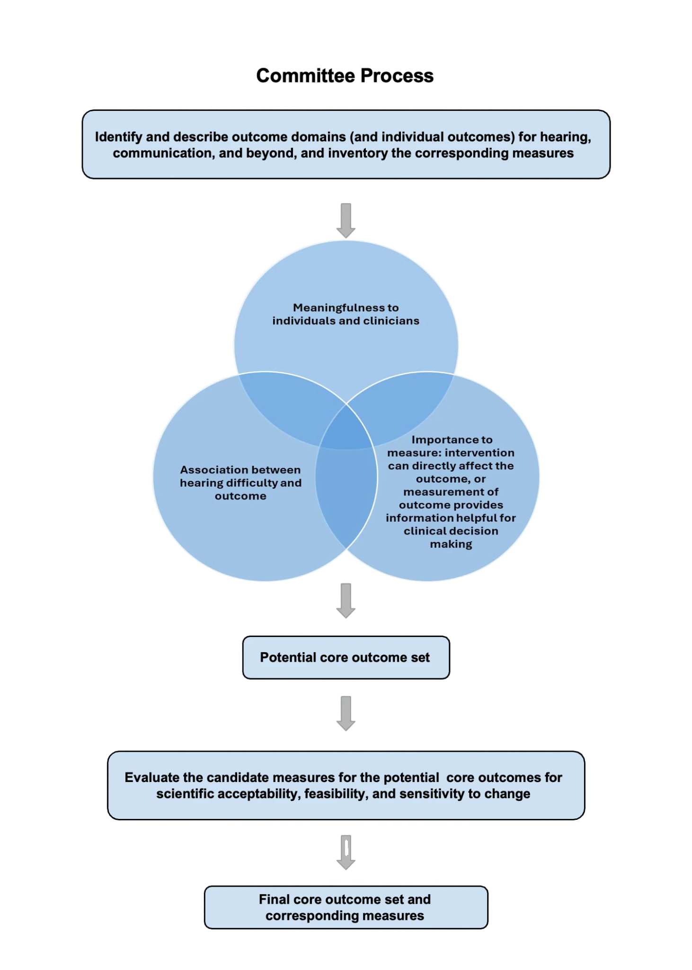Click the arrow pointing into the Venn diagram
click(346, 221)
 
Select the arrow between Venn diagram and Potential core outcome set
click(346, 600)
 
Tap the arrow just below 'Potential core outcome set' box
click(346, 713)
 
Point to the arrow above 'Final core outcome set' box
click(346, 852)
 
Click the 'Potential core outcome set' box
click(346, 658)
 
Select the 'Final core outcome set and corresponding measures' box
click(346, 907)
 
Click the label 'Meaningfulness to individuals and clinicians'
click(346, 314)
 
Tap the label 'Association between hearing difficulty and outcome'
click(240, 483)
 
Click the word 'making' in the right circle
click(451, 544)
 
